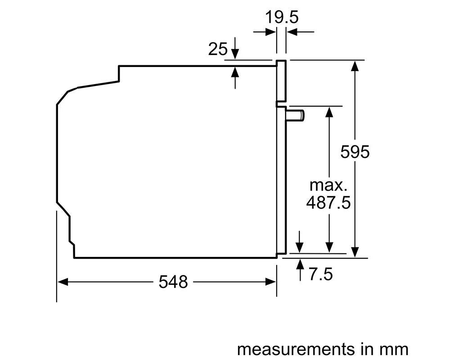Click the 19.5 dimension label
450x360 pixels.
pos(282,17)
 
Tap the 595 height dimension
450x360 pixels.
pos(355,152)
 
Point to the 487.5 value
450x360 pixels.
pos(328,202)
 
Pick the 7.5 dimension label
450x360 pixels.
pos(320,274)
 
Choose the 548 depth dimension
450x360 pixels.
pos(173,282)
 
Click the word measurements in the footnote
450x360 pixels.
pos(296,349)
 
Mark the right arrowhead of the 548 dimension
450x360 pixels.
pos(270,282)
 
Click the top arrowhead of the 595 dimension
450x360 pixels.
pos(355,66)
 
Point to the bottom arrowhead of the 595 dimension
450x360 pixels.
pos(355,252)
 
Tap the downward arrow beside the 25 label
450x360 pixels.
pos(235,48)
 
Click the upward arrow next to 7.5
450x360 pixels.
pos(300,270)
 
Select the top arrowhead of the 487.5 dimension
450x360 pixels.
pos(329,112)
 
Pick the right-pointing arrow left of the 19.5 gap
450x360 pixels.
pos(264,31)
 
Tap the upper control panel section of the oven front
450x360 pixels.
pos(281,81)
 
